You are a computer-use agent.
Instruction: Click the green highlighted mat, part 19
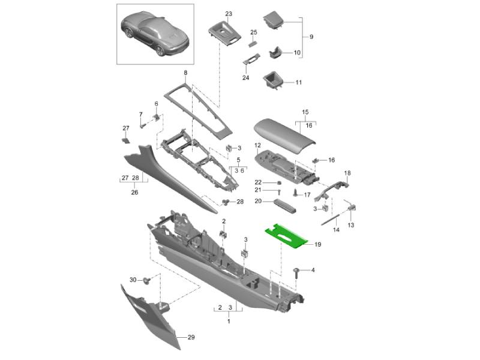tap(286, 236)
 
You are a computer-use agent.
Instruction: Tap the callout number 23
tap(229, 14)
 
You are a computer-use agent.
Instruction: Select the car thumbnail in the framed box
tap(155, 34)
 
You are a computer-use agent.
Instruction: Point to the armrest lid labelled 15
tap(284, 134)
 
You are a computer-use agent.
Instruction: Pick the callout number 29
tap(191, 337)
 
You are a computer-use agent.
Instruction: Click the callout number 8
tap(185, 73)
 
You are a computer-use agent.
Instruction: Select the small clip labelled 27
tap(125, 140)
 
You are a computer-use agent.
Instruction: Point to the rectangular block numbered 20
tap(284, 205)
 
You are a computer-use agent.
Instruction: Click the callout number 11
tap(298, 82)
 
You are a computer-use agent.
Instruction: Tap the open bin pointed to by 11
tap(273, 80)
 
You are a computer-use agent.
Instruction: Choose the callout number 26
tap(134, 192)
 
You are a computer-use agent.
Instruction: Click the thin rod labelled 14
tap(331, 220)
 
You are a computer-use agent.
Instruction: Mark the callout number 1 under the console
tap(229, 321)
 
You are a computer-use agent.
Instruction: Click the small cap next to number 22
tap(279, 183)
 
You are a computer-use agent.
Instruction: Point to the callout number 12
tap(257, 145)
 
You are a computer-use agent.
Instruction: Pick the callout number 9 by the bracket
tap(311, 37)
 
